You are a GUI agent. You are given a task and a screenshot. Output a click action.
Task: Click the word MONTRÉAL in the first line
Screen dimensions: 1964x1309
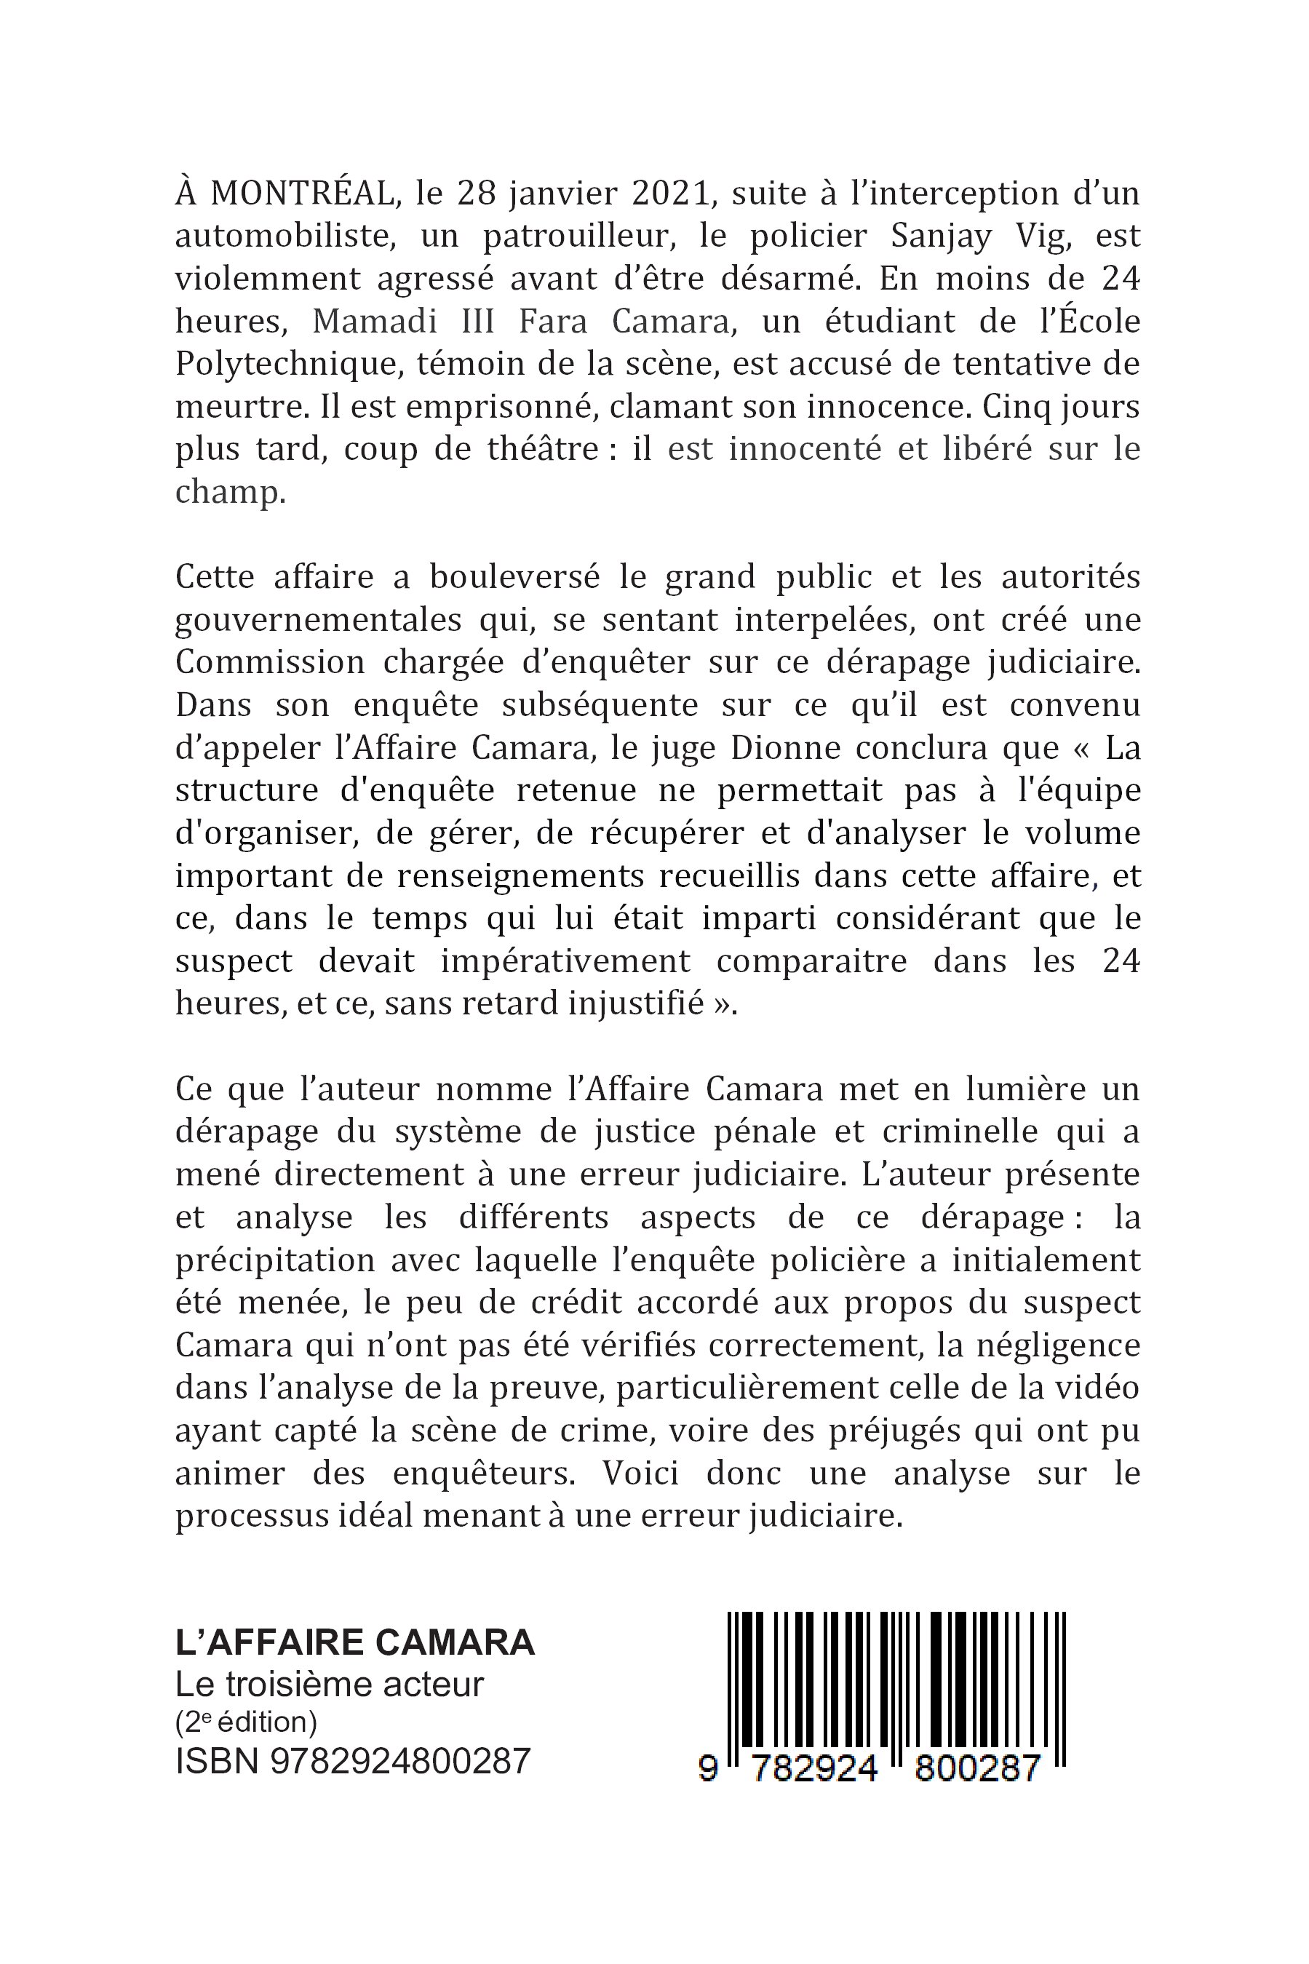(x=301, y=194)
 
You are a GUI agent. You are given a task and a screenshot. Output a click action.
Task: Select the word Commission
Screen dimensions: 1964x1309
(x=271, y=663)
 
